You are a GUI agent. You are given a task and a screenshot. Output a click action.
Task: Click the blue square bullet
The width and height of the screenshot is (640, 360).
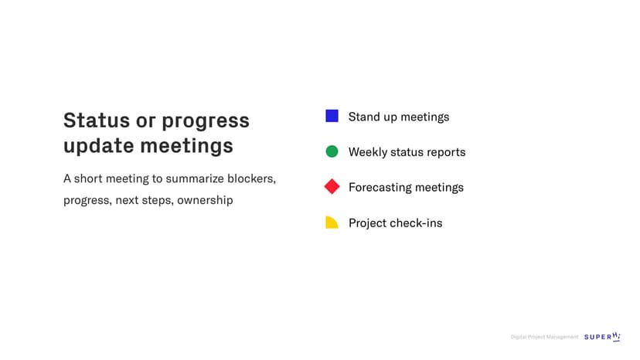(x=332, y=116)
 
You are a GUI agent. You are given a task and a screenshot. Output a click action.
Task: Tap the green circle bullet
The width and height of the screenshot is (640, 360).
(x=332, y=151)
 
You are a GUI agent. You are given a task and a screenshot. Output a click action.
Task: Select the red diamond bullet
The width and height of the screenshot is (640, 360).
(x=332, y=186)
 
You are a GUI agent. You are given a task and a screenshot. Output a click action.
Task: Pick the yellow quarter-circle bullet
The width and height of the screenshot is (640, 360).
(x=332, y=222)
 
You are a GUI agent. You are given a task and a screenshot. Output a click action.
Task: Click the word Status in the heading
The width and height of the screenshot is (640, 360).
(x=97, y=121)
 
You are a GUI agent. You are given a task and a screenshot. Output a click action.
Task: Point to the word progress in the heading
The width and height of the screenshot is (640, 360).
(x=206, y=121)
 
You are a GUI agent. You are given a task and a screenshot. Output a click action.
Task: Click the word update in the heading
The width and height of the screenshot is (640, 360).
(x=98, y=146)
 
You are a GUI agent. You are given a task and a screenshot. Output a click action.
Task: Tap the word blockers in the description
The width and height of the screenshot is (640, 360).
(x=251, y=178)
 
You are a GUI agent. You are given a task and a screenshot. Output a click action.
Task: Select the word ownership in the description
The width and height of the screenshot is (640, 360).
(x=205, y=200)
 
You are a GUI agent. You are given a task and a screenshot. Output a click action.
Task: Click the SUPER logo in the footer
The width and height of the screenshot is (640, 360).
(x=602, y=336)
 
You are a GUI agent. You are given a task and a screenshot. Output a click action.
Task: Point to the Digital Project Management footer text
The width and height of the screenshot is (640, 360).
(x=544, y=337)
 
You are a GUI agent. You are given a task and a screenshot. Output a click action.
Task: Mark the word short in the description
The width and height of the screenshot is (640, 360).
(x=88, y=178)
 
